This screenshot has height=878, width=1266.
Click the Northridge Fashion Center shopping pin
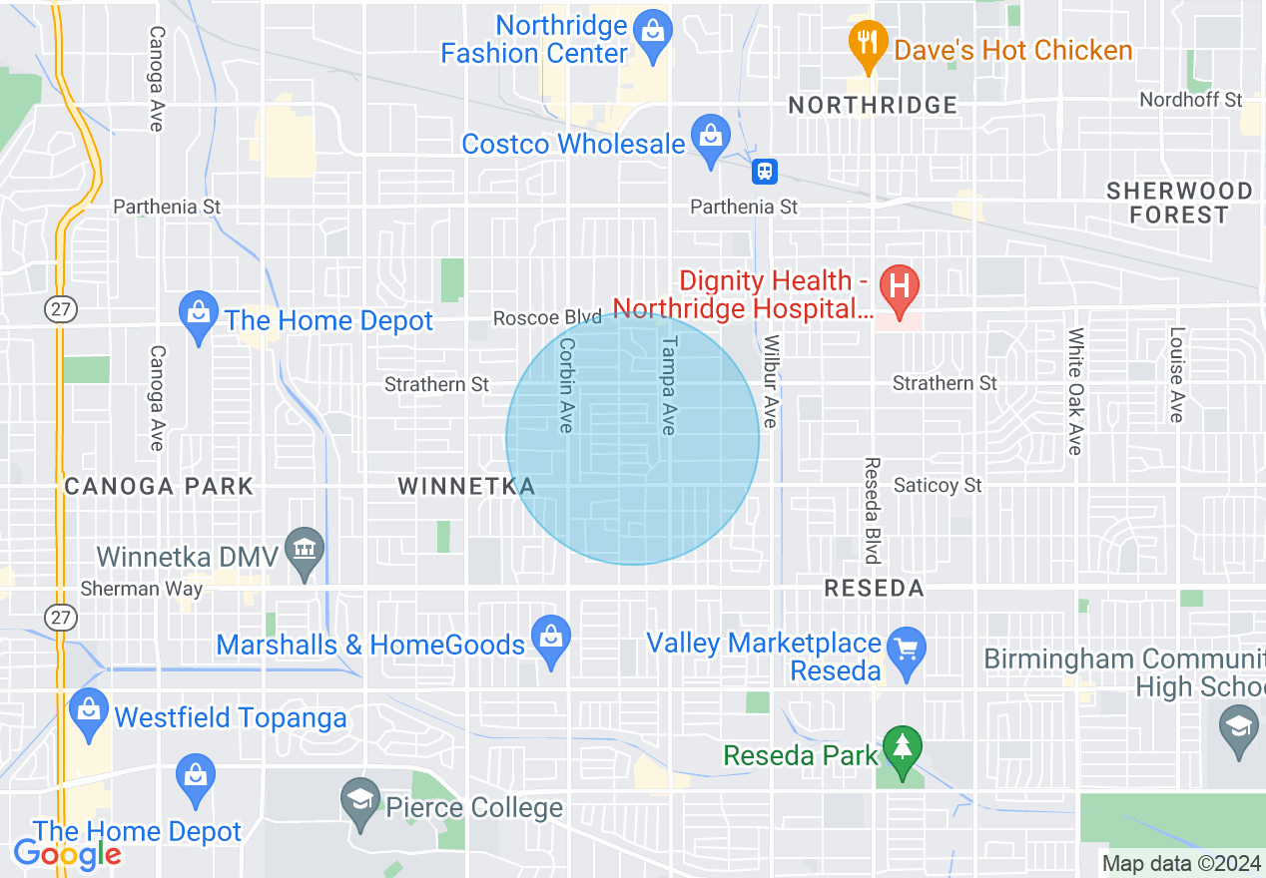653,30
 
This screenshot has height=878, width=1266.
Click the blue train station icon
765,172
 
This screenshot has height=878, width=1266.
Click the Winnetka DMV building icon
304,548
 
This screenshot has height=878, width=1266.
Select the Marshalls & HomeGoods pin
550,637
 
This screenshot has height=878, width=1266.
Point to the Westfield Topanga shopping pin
89,710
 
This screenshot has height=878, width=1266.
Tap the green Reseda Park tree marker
903,747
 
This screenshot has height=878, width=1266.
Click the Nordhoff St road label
1191,100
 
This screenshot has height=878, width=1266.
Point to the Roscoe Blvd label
547,318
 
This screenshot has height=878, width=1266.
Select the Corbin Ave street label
566,384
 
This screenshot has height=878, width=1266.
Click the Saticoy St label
938,486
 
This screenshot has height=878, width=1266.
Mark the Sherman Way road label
141,589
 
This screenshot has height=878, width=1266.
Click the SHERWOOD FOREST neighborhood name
1179,203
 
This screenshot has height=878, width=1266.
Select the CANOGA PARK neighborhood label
159,487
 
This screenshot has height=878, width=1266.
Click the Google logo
67,854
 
